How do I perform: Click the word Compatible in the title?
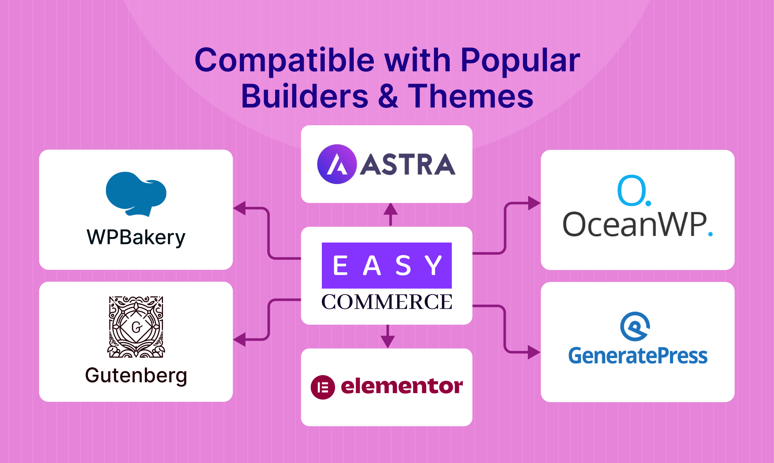pyautogui.click(x=284, y=61)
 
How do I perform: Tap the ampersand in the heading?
pyautogui.click(x=388, y=96)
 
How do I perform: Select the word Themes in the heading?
pyautogui.click(x=471, y=96)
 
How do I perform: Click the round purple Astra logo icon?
pyautogui.click(x=337, y=164)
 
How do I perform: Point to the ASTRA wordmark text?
pyautogui.click(x=407, y=165)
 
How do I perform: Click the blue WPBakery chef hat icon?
pyautogui.click(x=136, y=194)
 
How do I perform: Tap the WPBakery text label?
pyautogui.click(x=136, y=237)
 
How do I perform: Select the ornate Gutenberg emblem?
pyautogui.click(x=136, y=327)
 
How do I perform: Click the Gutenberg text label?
pyautogui.click(x=136, y=375)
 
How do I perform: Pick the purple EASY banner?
pyautogui.click(x=387, y=265)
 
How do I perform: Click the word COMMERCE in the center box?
pyautogui.click(x=387, y=302)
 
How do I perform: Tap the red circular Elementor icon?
pyautogui.click(x=323, y=387)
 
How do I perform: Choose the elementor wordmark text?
pyautogui.click(x=402, y=386)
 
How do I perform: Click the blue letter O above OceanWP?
pyautogui.click(x=632, y=191)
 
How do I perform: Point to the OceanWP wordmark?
pyautogui.click(x=637, y=224)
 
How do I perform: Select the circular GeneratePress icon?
pyautogui.click(x=635, y=327)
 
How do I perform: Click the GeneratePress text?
pyautogui.click(x=638, y=356)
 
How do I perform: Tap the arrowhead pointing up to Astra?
pyautogui.click(x=390, y=209)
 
